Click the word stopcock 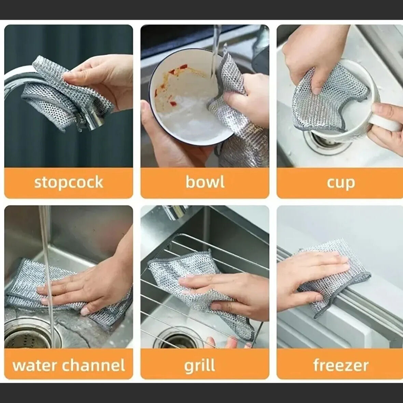point(68,182)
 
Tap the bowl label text point(205,182)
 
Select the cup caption point(341,183)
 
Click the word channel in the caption point(94,365)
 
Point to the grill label point(199,365)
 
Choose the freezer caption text point(341,365)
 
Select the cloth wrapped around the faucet point(58,89)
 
